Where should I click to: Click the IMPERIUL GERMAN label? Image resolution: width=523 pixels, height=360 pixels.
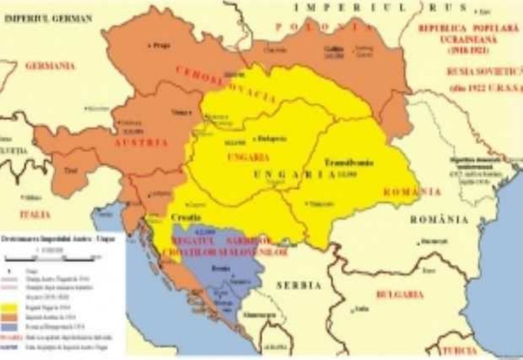coord(48,18)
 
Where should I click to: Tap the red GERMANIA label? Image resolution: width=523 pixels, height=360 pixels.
coord(50,66)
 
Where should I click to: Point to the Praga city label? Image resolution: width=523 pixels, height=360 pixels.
coord(162,46)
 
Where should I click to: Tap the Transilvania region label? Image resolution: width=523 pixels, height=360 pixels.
coord(348,162)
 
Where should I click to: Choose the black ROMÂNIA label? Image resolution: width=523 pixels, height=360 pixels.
coord(439,220)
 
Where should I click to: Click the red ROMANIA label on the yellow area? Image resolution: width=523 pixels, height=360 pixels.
coord(412,192)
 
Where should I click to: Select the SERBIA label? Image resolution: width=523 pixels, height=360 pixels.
coord(299,286)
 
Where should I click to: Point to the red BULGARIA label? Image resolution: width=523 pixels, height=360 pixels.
coord(400,295)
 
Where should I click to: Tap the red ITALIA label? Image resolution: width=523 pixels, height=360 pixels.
coord(35,215)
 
